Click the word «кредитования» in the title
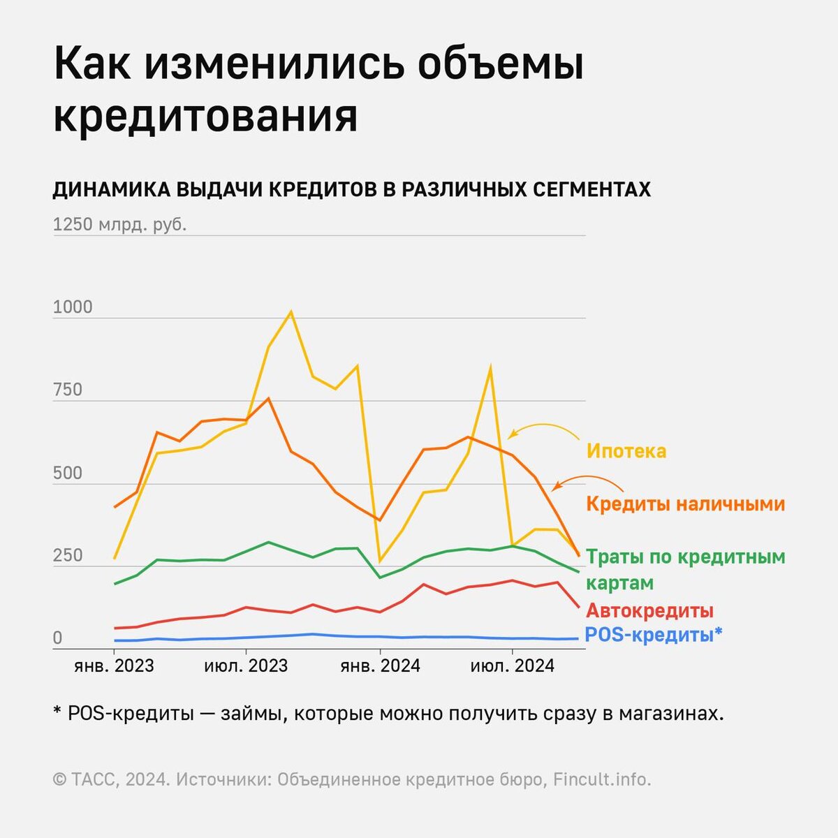point(205,117)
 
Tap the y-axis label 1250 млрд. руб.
point(119,225)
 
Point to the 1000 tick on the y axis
point(73,308)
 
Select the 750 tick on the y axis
point(68,390)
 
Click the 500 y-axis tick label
point(68,473)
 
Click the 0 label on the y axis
point(57,638)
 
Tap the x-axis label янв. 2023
point(114,666)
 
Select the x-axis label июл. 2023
point(246,666)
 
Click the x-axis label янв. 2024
point(380,666)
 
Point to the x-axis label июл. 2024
point(513,666)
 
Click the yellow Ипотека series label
point(626,451)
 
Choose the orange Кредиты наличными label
point(685,503)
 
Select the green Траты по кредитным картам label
point(685,569)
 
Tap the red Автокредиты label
point(649,610)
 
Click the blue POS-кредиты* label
point(653,635)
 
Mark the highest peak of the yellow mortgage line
point(291,312)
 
